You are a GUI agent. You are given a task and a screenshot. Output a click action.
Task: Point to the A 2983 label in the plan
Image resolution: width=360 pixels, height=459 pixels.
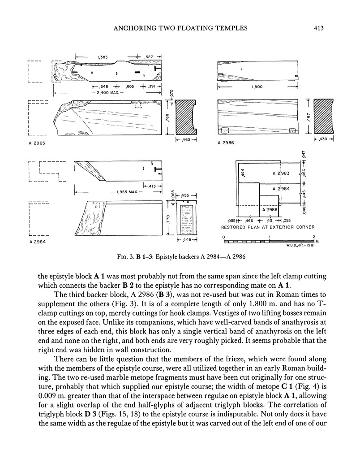[281, 173]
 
